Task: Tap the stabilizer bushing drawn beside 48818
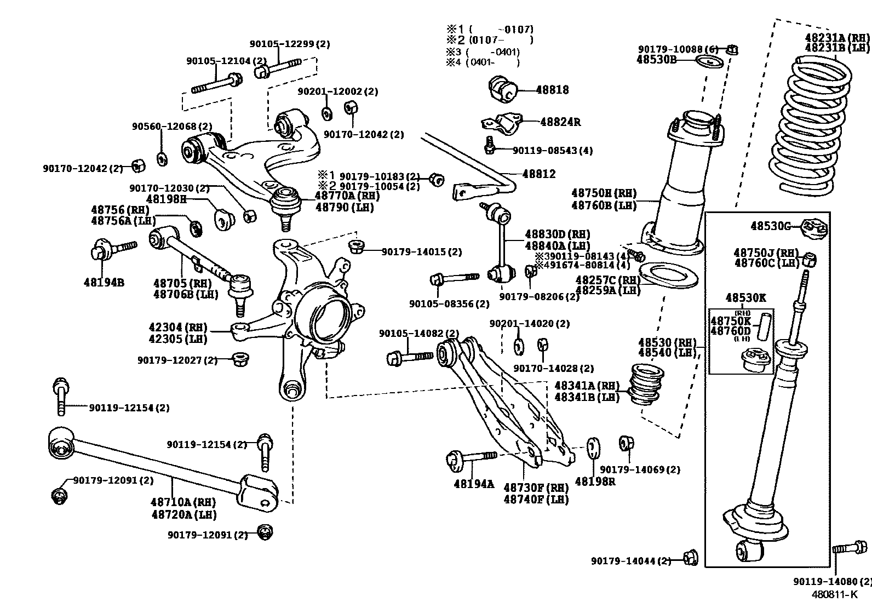pyautogui.click(x=503, y=89)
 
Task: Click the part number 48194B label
pyautogui.click(x=104, y=283)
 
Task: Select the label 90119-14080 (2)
pyautogui.click(x=831, y=581)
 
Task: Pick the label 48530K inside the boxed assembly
pyautogui.click(x=745, y=298)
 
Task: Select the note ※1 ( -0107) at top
pyautogui.click(x=489, y=30)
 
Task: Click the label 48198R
pyautogui.click(x=594, y=481)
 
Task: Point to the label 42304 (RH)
pyautogui.click(x=178, y=328)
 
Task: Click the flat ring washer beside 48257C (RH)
pyautogui.click(x=668, y=274)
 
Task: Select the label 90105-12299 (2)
pyautogui.click(x=290, y=44)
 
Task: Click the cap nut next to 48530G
pyautogui.click(x=814, y=228)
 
